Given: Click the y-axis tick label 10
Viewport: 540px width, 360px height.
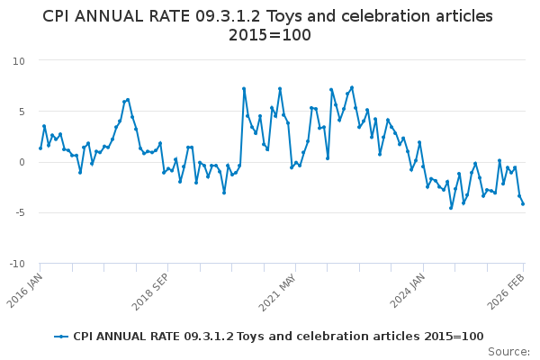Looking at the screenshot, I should point(19,60).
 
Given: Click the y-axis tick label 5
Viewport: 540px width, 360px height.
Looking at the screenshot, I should point(22,112).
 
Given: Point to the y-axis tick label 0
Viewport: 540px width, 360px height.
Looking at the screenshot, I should point(22,162).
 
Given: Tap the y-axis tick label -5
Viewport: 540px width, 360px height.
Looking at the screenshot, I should point(19,213).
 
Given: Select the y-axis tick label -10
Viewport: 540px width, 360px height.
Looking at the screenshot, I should point(16,264).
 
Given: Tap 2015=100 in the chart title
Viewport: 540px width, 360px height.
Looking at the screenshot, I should point(270,35).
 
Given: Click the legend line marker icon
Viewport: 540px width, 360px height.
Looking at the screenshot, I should point(61,337).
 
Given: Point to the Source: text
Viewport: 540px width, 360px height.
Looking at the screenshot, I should point(508,352).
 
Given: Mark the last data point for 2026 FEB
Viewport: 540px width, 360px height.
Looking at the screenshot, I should point(523,203).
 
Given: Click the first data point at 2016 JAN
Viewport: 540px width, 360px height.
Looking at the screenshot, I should point(40,148).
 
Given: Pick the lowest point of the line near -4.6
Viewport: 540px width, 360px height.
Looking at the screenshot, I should point(451,208).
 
